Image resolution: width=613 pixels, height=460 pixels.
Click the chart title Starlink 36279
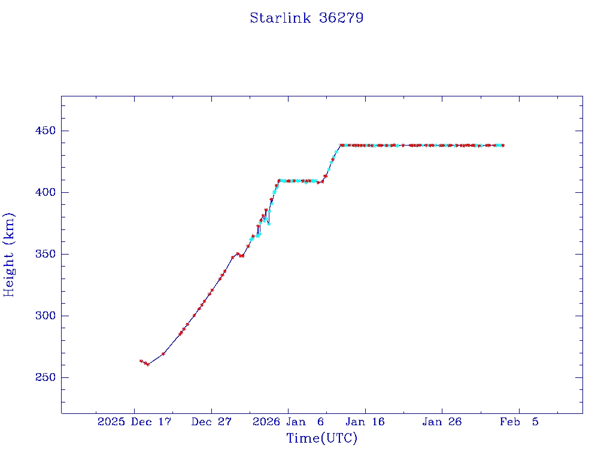pyautogui.click(x=306, y=18)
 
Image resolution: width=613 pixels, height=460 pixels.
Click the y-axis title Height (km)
pyautogui.click(x=9, y=255)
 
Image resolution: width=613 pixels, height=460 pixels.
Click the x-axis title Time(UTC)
pyautogui.click(x=322, y=438)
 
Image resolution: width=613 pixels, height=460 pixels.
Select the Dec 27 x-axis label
pyautogui.click(x=211, y=422)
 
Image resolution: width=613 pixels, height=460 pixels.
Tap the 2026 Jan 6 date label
pyautogui.click(x=289, y=422)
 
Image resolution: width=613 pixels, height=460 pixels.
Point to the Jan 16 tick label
pyautogui.click(x=365, y=422)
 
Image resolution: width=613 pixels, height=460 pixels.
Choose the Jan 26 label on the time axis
pyautogui.click(x=442, y=422)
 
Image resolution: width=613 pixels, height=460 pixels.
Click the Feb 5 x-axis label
pyautogui.click(x=519, y=422)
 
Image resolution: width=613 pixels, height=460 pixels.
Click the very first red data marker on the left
pyautogui.click(x=141, y=361)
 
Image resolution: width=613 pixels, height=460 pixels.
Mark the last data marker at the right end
pyautogui.click(x=503, y=145)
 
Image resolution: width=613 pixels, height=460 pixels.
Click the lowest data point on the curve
pyautogui.click(x=148, y=364)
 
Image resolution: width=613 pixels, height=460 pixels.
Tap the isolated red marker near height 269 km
pyautogui.click(x=163, y=353)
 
